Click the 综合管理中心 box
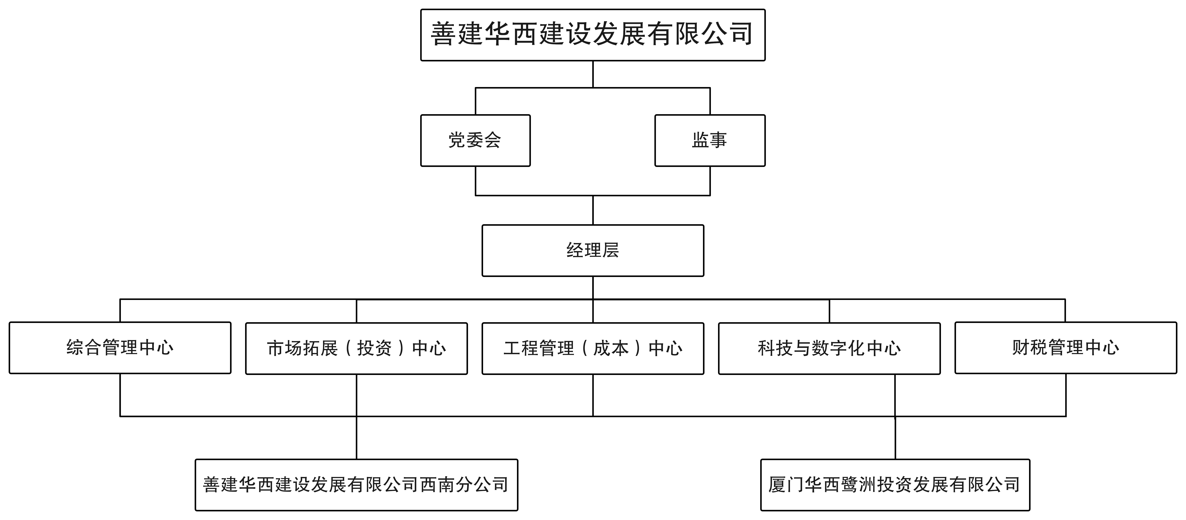coord(120,348)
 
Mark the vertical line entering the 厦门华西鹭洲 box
coord(895,438)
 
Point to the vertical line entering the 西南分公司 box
coord(356,438)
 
